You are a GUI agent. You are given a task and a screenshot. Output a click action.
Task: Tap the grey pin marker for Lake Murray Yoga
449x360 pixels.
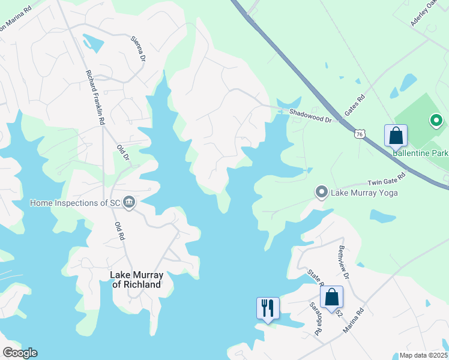(321, 193)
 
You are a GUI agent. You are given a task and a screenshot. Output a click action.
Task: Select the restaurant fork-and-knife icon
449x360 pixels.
(267, 308)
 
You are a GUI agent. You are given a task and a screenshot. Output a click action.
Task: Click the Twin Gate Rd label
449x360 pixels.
(387, 179)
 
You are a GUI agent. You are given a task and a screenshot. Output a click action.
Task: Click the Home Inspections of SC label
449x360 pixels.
(76, 203)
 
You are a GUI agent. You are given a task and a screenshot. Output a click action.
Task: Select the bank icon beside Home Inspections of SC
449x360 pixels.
(128, 203)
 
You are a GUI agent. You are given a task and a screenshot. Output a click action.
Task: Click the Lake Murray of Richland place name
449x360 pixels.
(137, 280)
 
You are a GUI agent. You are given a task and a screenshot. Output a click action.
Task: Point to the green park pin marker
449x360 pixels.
(436, 121)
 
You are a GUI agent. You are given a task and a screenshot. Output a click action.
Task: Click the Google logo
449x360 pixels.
(20, 353)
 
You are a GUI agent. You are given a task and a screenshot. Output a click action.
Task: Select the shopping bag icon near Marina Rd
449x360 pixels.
(331, 296)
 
